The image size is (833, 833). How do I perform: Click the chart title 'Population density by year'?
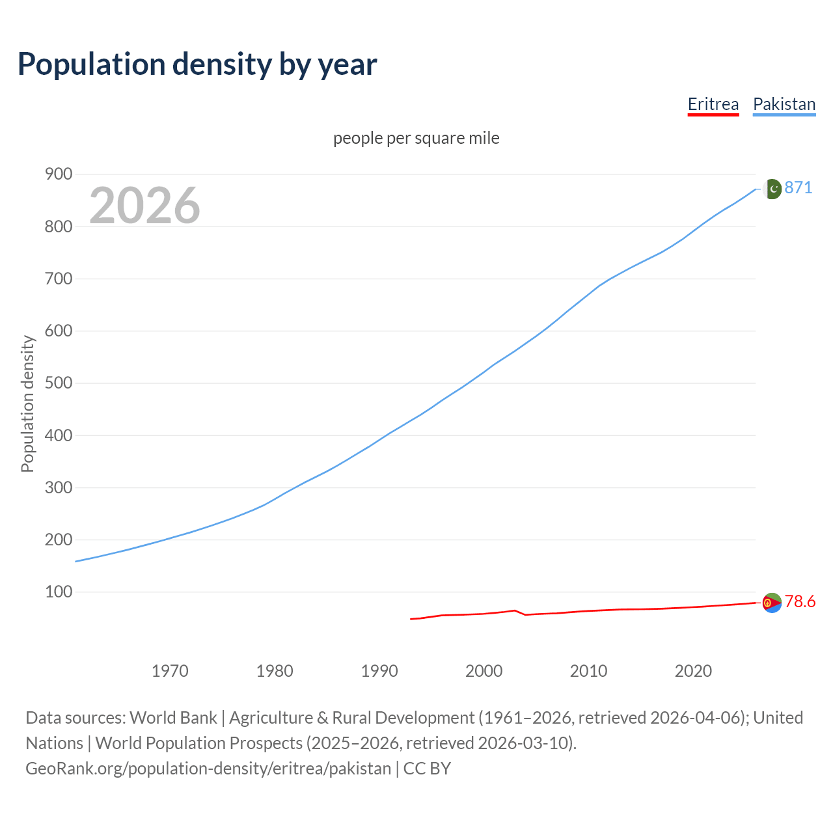(x=197, y=64)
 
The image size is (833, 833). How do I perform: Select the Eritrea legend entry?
(x=713, y=104)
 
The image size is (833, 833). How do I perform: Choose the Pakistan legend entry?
(x=784, y=104)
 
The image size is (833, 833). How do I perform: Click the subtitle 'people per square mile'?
(x=416, y=138)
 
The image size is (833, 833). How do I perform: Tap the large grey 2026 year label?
(x=144, y=206)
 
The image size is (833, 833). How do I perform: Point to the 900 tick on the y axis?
(x=59, y=174)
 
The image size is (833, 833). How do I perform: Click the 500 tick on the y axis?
(x=59, y=383)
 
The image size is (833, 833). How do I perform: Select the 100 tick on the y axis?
(x=59, y=592)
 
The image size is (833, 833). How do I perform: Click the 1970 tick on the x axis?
(x=170, y=670)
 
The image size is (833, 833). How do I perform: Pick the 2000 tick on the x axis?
(x=484, y=670)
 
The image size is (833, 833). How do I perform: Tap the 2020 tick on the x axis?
(x=693, y=670)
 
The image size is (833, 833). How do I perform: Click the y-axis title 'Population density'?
(x=27, y=403)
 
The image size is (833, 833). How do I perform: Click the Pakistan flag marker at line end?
(x=772, y=189)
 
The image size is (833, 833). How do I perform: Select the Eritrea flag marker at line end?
(x=772, y=603)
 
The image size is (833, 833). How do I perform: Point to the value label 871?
(x=799, y=188)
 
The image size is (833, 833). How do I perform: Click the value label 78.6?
(x=800, y=602)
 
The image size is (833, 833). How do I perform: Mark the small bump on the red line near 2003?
(x=515, y=610)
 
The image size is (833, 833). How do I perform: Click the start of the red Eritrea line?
(x=411, y=619)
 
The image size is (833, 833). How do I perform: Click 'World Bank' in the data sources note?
(x=173, y=718)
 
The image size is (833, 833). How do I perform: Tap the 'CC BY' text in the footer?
(x=427, y=769)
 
